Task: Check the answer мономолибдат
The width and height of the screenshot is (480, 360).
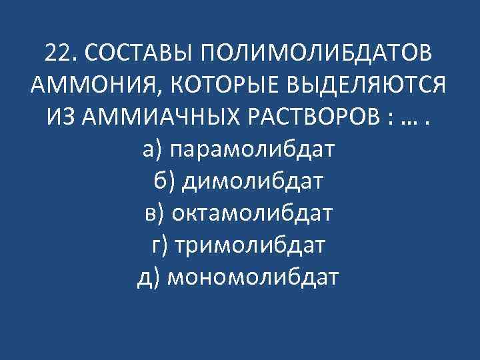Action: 253,277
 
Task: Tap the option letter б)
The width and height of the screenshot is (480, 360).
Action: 163,181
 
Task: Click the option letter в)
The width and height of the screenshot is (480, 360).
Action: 154,213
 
